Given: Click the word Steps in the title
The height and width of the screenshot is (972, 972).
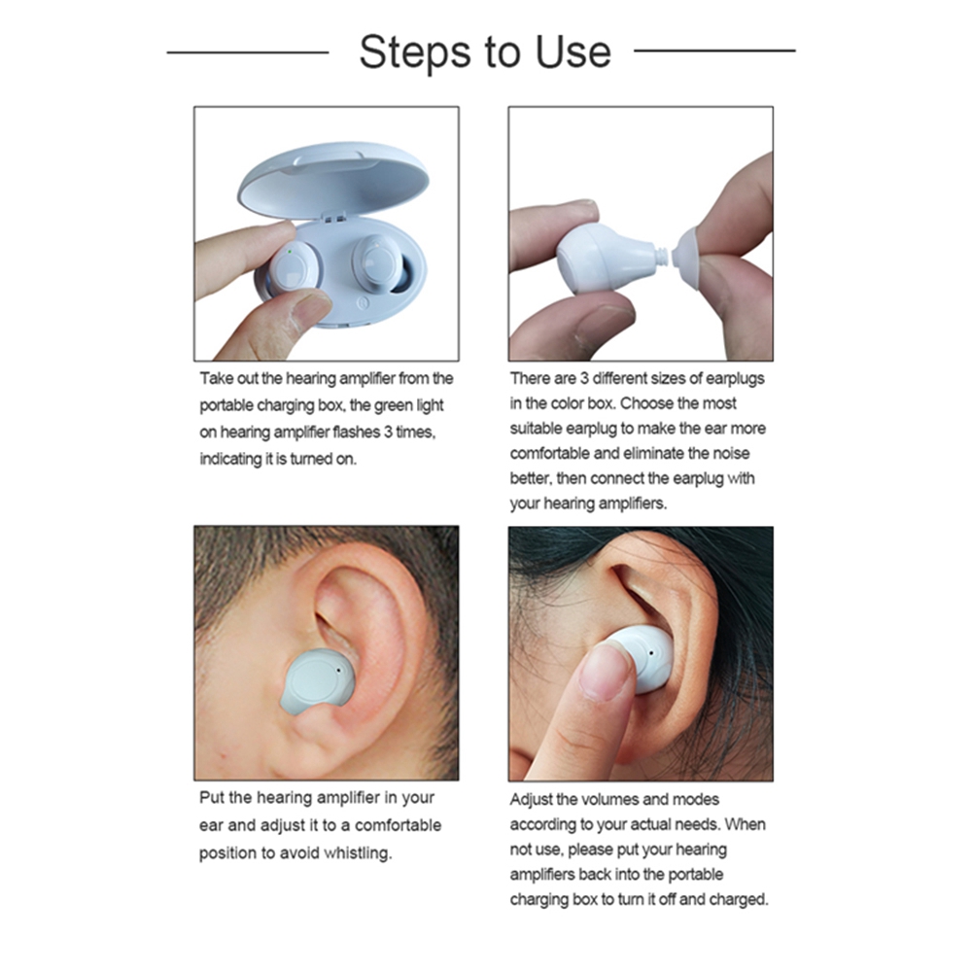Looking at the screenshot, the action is tap(415, 53).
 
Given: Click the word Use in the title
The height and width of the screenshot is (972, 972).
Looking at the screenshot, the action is tap(573, 52).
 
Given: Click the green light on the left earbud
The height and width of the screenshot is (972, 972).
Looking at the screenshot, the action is tap(290, 252).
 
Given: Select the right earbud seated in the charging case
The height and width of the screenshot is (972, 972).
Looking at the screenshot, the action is tap(377, 261).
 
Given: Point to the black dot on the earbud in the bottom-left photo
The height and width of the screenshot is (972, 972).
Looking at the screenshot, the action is tap(339, 670).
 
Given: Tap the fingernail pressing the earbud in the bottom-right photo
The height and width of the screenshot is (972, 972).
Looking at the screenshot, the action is tap(606, 672).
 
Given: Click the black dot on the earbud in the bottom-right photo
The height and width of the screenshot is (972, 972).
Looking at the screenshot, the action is tap(651, 653).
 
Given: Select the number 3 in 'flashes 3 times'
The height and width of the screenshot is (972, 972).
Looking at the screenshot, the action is tap(388, 432).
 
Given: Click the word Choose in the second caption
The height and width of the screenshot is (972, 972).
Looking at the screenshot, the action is tap(647, 403).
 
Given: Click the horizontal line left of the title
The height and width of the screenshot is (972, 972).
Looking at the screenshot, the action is tap(248, 52).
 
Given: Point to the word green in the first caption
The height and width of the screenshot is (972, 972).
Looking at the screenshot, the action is tap(394, 406).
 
